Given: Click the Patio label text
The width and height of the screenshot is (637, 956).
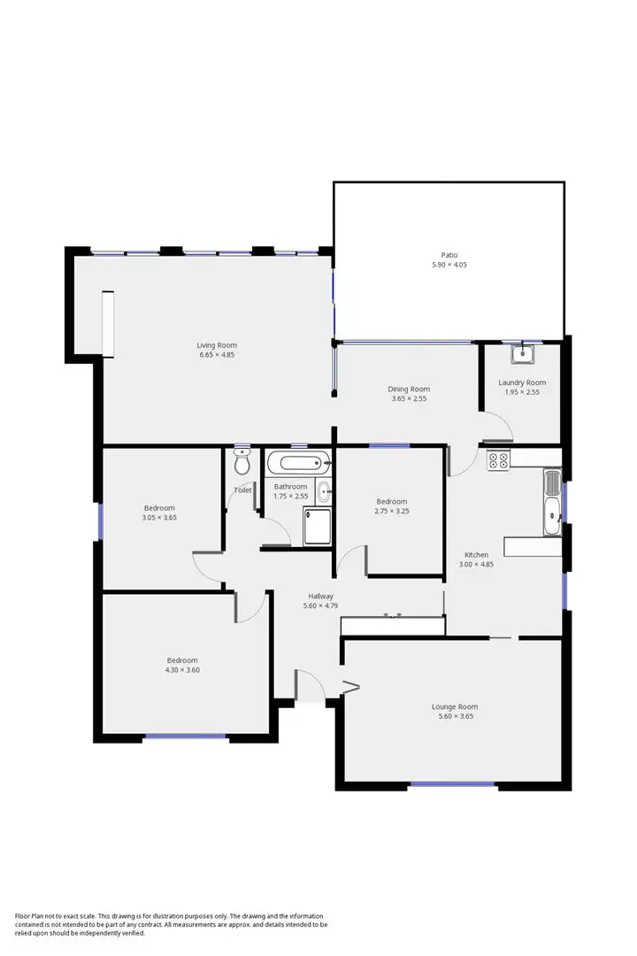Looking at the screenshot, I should [449, 255].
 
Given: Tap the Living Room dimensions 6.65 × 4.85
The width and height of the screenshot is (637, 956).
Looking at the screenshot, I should [217, 355].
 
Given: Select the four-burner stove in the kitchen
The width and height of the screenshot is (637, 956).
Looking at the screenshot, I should [497, 459].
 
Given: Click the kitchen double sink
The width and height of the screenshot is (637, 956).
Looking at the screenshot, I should [552, 502].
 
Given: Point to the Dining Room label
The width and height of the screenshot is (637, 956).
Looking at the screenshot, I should [409, 389].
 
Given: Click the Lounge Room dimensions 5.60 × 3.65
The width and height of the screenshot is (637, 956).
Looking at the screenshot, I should [455, 716].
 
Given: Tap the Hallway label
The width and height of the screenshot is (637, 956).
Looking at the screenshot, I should [320, 596].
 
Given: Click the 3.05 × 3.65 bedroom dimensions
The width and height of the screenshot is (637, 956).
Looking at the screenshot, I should [160, 517].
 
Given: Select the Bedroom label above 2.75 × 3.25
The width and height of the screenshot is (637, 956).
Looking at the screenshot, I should [391, 501].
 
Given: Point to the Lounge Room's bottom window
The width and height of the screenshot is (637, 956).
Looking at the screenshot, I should [452, 783].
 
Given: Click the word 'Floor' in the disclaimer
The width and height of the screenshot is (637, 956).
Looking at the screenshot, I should [24, 916].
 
